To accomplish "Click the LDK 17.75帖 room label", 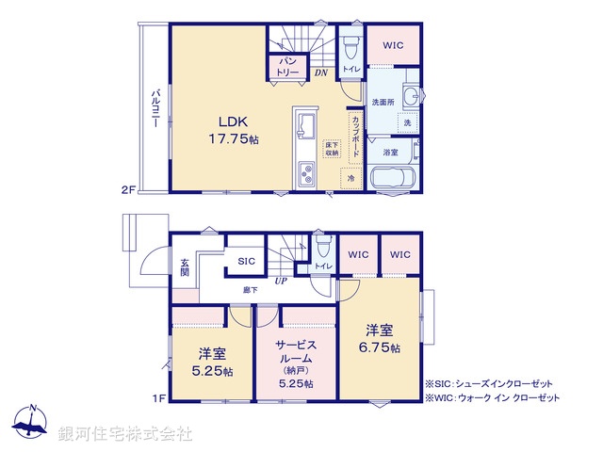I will point(232,129).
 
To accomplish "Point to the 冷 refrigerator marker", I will point(350,178).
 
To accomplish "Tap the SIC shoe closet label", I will point(246,261).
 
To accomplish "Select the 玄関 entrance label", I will point(185,267).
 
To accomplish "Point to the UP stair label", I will point(280,281).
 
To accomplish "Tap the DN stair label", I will point(320,73).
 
